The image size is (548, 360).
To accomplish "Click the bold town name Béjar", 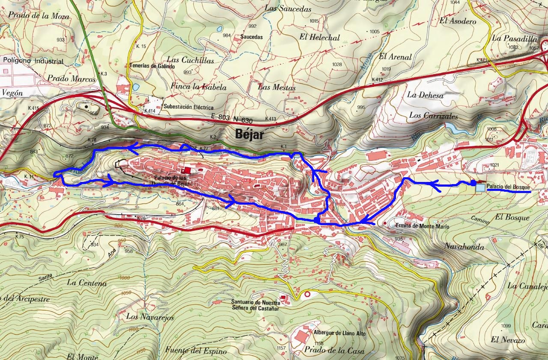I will click(x=250, y=134).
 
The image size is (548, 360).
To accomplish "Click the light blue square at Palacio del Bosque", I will click(x=480, y=187).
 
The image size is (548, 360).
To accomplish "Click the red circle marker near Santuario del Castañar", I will click(x=307, y=295).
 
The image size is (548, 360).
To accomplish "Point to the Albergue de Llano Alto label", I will click(x=339, y=333).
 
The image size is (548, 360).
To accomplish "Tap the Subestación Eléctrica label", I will click(x=188, y=107).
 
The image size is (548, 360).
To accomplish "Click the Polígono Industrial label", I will click(x=33, y=61).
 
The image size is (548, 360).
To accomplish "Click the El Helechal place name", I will click(x=319, y=37).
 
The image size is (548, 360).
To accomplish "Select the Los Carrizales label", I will click(x=433, y=116).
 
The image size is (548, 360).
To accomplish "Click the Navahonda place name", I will click(x=464, y=247).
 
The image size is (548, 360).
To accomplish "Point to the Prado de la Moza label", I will click(x=39, y=17).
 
